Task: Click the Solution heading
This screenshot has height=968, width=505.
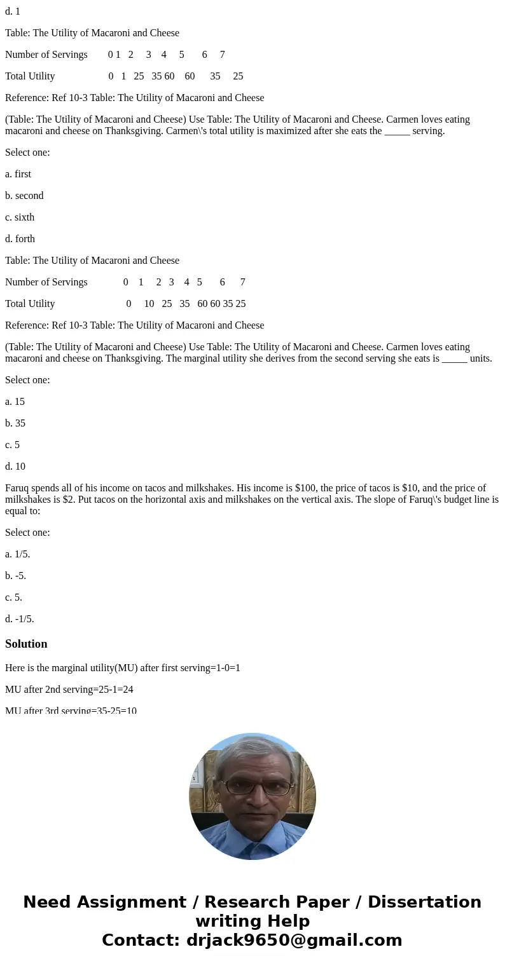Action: (26, 644)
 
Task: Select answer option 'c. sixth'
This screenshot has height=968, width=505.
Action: (20, 217)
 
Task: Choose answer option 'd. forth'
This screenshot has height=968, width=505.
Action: (20, 239)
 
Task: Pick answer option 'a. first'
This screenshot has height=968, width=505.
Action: (18, 174)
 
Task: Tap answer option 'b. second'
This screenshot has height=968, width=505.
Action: (24, 196)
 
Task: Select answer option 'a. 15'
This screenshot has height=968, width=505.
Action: (15, 402)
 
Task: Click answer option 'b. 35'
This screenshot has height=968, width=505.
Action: (15, 423)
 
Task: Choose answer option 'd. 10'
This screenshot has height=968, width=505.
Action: (15, 467)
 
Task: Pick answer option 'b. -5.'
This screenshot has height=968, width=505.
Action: (15, 576)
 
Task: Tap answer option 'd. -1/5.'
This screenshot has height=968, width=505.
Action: (19, 619)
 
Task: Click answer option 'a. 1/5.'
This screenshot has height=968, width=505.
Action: (17, 554)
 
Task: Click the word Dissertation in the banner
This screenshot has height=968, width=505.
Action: (424, 903)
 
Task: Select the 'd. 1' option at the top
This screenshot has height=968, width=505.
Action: (13, 11)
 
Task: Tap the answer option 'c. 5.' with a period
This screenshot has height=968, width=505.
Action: (13, 597)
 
